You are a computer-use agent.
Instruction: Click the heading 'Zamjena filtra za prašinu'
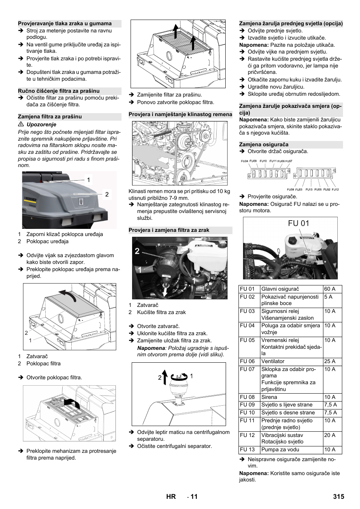pos(50,117)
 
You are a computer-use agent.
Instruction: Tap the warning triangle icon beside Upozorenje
pos(21,124)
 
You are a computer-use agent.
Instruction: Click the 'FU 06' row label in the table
pos(247,361)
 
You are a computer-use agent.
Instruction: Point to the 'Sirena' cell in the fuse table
pos(269,397)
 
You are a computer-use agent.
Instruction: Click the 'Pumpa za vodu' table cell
pos(280,449)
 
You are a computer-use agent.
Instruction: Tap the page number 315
pos(338,497)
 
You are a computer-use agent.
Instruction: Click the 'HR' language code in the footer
pos(171,497)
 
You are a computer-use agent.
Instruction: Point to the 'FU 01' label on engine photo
pos(298,223)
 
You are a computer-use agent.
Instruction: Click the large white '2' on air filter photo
pos(137,251)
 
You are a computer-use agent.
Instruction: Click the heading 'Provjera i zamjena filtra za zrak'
pos(169,230)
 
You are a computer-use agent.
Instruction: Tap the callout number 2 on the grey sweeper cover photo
pos(107,194)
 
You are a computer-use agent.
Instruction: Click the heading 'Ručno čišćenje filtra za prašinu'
pos(59,91)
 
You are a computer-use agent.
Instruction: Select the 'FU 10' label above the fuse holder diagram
pos(263,161)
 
